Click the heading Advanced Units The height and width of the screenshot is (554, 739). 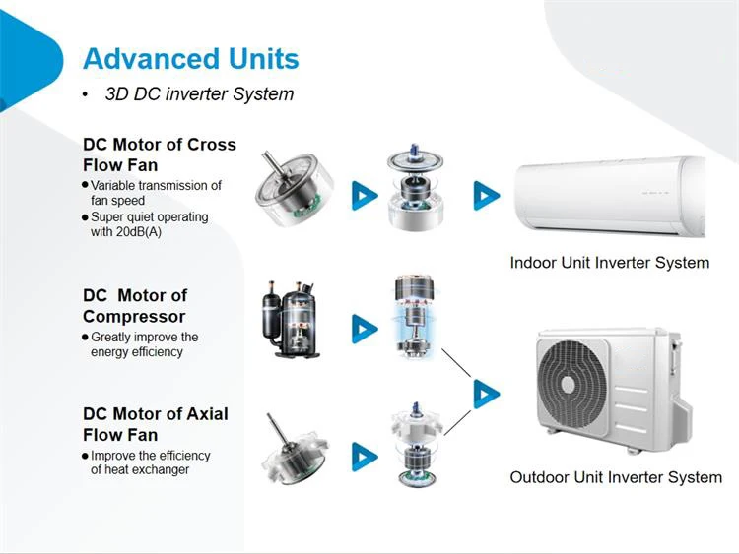(191, 59)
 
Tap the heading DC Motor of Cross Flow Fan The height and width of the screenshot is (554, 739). (159, 154)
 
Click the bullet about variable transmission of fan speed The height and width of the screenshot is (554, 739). (155, 193)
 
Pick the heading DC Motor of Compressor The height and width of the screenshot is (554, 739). (135, 305)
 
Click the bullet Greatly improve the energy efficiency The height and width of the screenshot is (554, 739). (144, 344)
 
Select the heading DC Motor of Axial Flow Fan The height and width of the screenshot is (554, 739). (155, 423)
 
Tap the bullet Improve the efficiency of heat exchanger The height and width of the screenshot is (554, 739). (150, 462)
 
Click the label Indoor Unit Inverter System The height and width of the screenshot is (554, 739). (609, 263)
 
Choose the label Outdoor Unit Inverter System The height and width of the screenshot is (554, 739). (616, 477)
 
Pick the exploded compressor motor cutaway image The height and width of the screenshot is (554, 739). (415, 314)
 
